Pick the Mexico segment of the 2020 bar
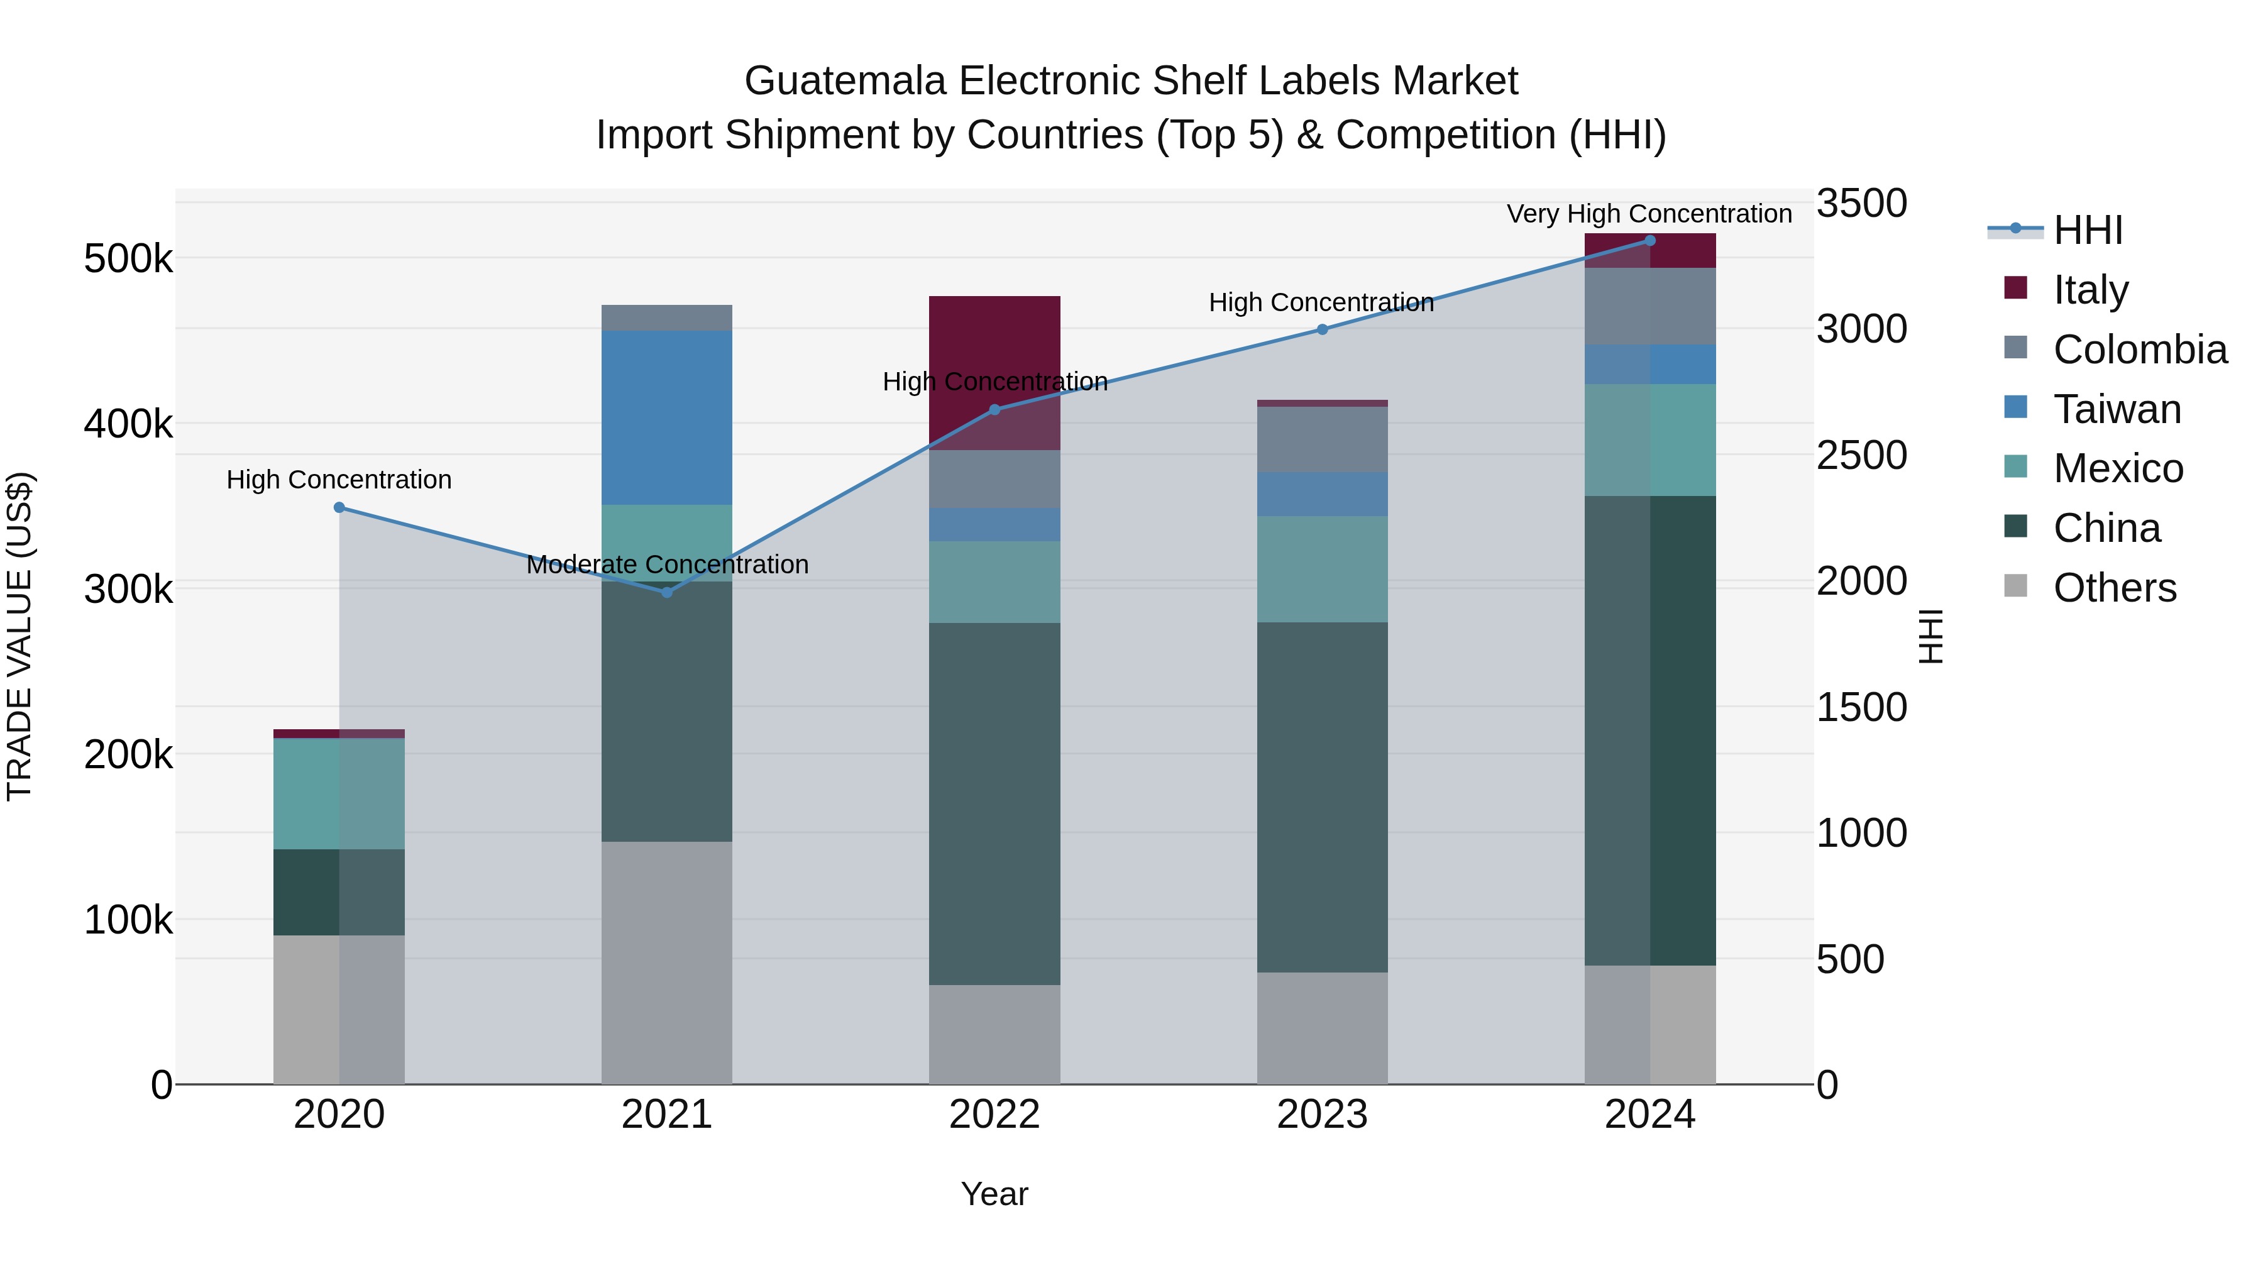(x=339, y=793)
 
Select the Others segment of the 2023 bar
(x=1322, y=1028)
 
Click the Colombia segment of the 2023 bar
(x=1322, y=439)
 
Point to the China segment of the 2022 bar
(x=994, y=804)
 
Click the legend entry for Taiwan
(x=2117, y=409)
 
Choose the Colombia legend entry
(x=2139, y=350)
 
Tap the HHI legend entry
(x=2086, y=230)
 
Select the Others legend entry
(x=2113, y=588)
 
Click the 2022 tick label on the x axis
(x=994, y=1115)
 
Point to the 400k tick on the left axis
(x=128, y=424)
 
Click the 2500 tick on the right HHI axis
(x=1861, y=455)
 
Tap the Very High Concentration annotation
(x=1649, y=214)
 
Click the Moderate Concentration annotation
(x=667, y=564)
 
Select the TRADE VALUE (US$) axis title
(x=19, y=636)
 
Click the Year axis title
(x=994, y=1194)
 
